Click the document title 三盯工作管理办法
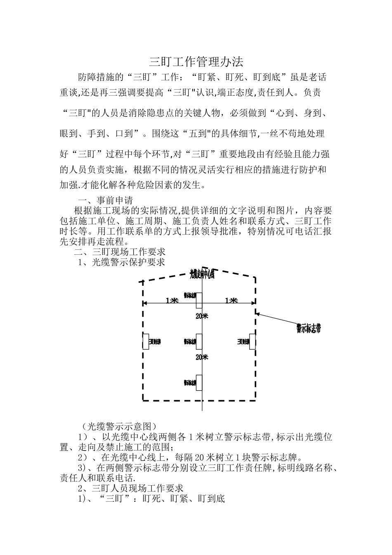[196, 62]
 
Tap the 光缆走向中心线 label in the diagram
[202, 274]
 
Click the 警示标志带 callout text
[308, 329]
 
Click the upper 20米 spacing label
[202, 316]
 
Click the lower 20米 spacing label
[202, 357]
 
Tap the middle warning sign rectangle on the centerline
[199, 342]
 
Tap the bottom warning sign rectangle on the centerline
[199, 382]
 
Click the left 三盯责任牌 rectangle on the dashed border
[145, 342]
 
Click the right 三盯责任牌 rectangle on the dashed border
[252, 342]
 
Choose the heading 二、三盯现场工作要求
[119, 252]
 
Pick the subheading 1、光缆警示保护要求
[121, 262]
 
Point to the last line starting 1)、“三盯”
[151, 499]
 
